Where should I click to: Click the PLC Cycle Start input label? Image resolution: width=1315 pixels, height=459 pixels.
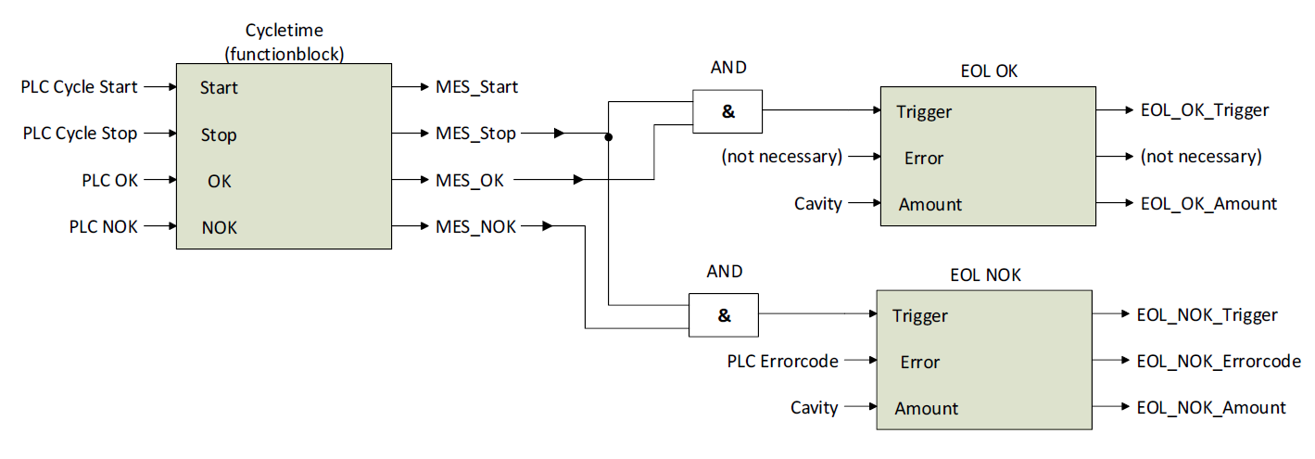80,87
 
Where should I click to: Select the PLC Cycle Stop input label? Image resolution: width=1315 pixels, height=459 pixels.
80,134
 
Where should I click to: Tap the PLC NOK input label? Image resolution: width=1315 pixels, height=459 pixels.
103,226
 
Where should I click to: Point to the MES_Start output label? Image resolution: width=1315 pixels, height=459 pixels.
476,87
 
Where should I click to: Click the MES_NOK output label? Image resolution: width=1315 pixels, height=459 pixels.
475,226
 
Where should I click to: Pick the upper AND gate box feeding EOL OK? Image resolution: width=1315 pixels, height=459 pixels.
727,111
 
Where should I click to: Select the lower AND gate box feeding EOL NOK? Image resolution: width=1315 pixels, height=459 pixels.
724,315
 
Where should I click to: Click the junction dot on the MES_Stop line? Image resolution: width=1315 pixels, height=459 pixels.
609,137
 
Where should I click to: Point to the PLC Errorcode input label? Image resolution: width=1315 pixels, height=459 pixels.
782,362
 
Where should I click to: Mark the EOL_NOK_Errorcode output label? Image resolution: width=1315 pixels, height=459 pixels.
1219,362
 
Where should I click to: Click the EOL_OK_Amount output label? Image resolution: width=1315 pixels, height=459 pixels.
1208,204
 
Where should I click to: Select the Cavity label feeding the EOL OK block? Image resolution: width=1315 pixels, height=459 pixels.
818,204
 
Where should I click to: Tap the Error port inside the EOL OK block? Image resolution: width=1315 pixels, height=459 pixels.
924,158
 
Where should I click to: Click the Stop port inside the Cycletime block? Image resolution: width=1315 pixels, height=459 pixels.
219,135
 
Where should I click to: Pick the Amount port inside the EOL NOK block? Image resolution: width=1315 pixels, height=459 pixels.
927,408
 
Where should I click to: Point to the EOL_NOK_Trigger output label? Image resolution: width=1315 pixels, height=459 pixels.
1207,315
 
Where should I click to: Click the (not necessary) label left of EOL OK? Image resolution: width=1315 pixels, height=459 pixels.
781,157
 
